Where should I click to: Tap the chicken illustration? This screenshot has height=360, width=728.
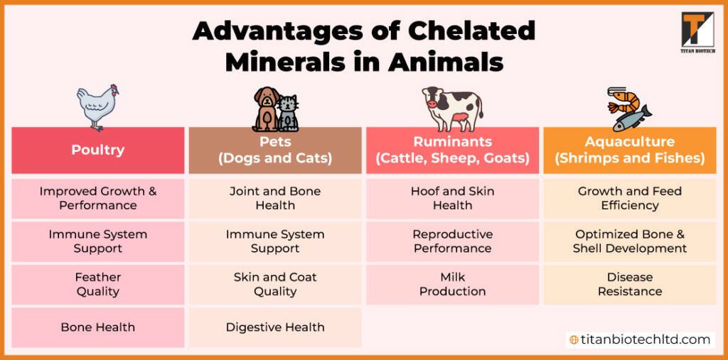click(97, 107)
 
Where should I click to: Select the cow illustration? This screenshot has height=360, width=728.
click(451, 107)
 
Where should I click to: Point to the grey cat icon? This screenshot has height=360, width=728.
click(288, 113)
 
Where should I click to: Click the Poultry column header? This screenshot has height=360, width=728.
click(97, 150)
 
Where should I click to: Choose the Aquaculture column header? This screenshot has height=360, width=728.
click(629, 150)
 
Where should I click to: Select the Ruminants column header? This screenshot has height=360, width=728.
click(452, 150)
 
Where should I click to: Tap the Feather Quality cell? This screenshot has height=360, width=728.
click(97, 284)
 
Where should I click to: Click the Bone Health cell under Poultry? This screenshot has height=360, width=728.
click(97, 327)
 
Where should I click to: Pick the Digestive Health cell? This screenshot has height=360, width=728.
click(275, 327)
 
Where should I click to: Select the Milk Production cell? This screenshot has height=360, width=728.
click(452, 284)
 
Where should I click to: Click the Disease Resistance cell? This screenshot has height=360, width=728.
click(629, 284)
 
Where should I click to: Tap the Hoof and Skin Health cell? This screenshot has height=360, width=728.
click(452, 198)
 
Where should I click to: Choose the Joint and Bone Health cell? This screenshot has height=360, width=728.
click(275, 198)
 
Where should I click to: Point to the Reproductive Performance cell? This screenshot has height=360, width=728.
click(452, 241)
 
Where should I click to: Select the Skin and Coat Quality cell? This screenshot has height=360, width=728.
click(275, 284)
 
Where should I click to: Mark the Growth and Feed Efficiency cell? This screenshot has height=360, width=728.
click(629, 198)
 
